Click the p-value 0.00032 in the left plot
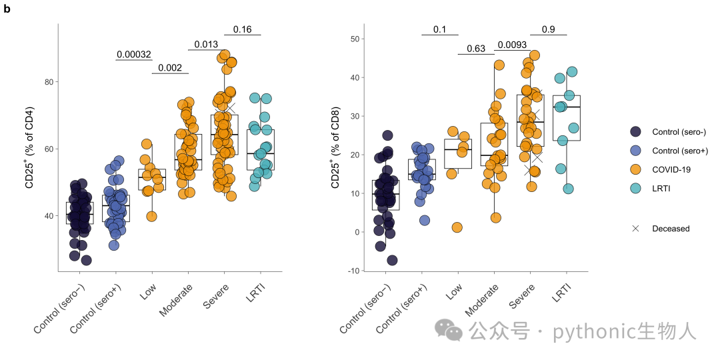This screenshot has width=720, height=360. [133, 55]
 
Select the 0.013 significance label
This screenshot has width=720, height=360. [206, 45]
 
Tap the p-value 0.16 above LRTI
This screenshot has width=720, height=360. [243, 29]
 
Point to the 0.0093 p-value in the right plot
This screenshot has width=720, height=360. [512, 45]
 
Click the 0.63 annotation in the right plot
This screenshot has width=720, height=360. [476, 49]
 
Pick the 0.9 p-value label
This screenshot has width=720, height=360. [548, 29]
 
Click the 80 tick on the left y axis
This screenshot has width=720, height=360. [48, 82]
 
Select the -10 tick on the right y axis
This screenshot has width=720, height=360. [354, 271]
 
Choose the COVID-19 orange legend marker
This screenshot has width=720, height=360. [635, 169]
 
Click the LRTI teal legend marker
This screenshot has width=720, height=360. [635, 188]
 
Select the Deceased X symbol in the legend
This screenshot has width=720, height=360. [635, 228]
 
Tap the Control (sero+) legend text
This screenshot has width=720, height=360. [680, 151]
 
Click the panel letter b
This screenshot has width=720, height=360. [7, 9]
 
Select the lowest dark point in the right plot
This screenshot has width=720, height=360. [392, 261]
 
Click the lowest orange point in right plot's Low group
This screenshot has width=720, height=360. [457, 227]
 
